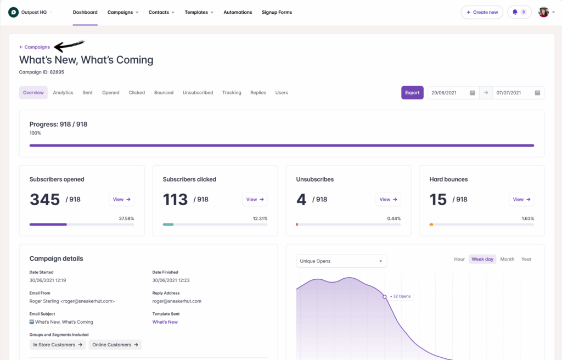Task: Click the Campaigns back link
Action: [x=35, y=47]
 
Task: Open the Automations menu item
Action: [x=238, y=12]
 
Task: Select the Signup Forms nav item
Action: [x=277, y=12]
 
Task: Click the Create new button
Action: [x=482, y=12]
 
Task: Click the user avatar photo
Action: [x=543, y=12]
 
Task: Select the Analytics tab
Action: [x=63, y=93]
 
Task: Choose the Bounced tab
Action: [x=164, y=93]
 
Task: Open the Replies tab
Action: [x=258, y=93]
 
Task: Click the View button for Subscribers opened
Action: [x=121, y=199]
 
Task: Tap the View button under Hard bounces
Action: [x=521, y=199]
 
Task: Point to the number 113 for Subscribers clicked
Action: [x=175, y=199]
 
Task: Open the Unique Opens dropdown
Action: [x=341, y=261]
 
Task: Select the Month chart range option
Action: [x=507, y=259]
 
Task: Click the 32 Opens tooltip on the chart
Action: [x=401, y=296]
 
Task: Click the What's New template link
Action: [x=165, y=322]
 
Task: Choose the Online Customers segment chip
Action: [x=115, y=345]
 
